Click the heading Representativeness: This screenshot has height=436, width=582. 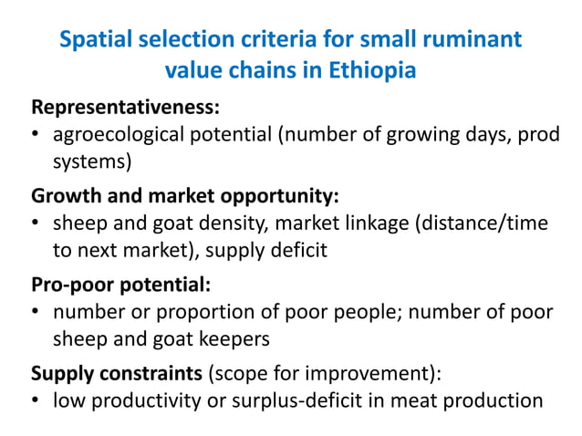pyautogui.click(x=125, y=107)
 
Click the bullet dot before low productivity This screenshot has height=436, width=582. pyautogui.click(x=37, y=401)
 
